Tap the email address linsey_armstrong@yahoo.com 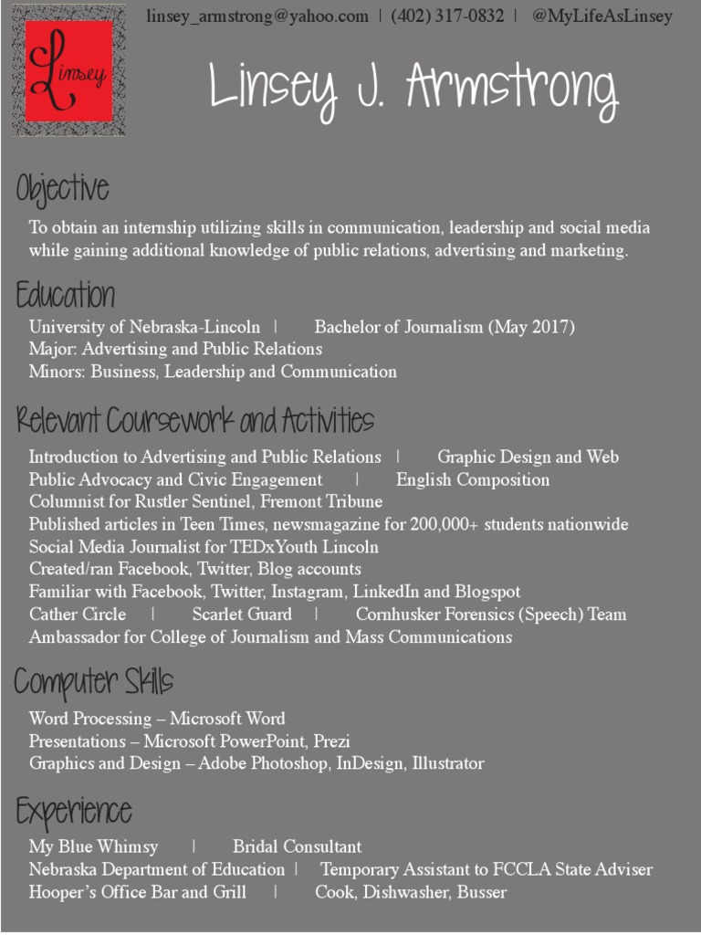tap(257, 16)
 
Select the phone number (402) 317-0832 tap(447, 16)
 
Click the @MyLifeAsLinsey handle tap(602, 16)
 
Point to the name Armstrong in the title tap(512, 90)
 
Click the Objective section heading tap(62, 190)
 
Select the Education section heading tap(66, 296)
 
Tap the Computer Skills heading tap(94, 681)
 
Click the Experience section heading tap(74, 811)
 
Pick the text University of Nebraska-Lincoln tap(144, 327)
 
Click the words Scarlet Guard tap(242, 615)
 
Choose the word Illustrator tap(448, 763)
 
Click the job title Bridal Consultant tap(297, 847)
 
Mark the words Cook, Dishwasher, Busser tap(411, 892)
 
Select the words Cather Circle tap(78, 615)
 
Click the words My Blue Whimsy tap(93, 847)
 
